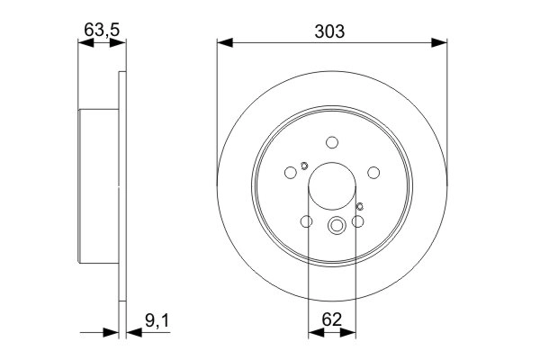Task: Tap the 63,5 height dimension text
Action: tap(101, 30)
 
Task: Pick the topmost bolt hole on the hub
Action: tap(332, 142)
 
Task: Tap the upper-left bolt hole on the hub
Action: tap(290, 173)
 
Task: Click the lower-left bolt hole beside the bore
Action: tap(306, 222)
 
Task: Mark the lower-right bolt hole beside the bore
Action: tap(358, 222)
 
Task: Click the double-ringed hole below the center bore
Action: tap(337, 227)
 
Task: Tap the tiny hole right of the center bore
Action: tap(360, 208)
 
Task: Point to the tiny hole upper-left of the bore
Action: tap(304, 165)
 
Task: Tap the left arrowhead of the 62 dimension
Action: tap(314, 332)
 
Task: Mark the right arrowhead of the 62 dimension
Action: tap(350, 332)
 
